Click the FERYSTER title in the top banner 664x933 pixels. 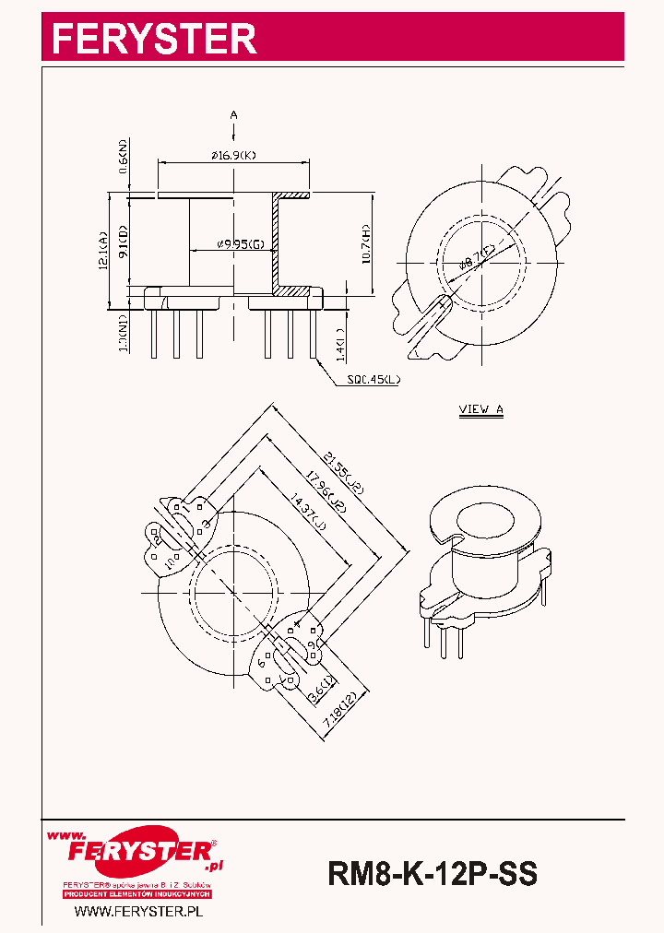(153, 39)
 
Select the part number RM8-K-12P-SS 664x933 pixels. (432, 872)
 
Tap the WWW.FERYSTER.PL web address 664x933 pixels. (137, 911)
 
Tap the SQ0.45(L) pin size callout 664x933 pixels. (373, 379)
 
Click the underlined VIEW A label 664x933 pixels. (481, 410)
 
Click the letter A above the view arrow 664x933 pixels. (233, 114)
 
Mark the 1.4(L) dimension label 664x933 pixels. (340, 344)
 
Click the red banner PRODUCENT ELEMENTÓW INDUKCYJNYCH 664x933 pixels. (137, 894)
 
